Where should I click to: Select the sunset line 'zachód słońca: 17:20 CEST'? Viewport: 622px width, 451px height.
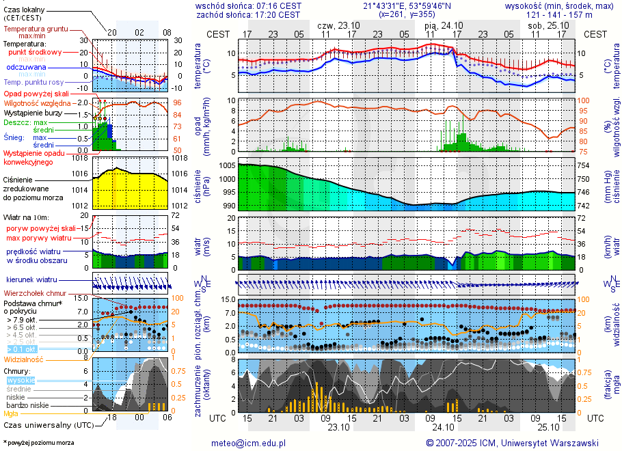pyautogui.click(x=247, y=14)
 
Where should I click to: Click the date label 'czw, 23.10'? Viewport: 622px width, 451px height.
pyautogui.click(x=338, y=25)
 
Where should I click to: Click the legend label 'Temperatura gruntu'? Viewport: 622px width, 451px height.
pyautogui.click(x=36, y=29)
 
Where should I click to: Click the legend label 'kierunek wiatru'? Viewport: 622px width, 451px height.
pyautogui.click(x=31, y=280)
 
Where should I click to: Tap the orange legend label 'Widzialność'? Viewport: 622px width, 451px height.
pyautogui.click(x=24, y=359)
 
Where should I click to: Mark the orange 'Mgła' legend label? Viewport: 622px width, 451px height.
pyautogui.click(x=12, y=413)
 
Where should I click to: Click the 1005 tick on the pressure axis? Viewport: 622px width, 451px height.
pyautogui.click(x=228, y=166)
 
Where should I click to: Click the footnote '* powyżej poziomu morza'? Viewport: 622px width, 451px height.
pyautogui.click(x=38, y=443)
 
